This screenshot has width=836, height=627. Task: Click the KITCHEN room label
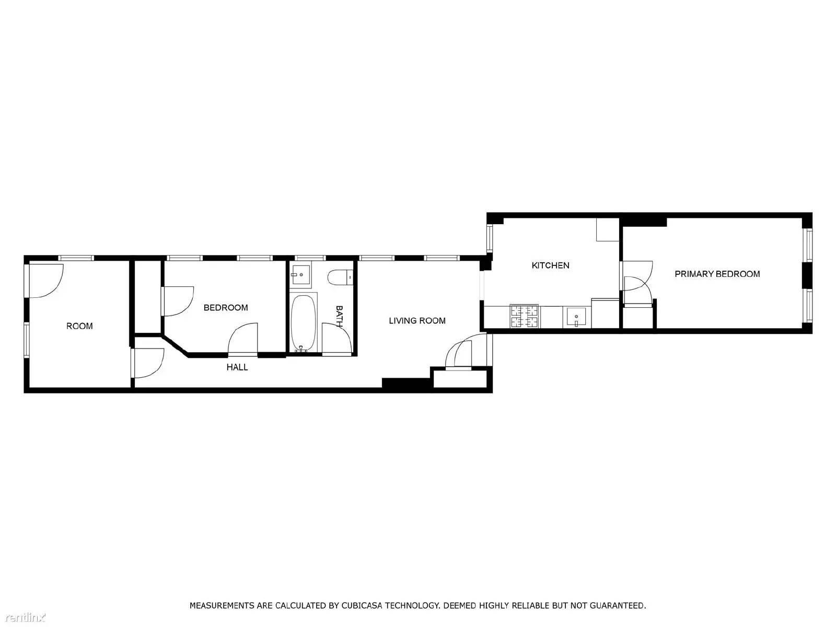[550, 265]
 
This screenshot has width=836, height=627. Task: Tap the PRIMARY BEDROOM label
[717, 274]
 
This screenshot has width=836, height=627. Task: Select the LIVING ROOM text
[417, 321]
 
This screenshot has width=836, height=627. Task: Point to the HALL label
[237, 367]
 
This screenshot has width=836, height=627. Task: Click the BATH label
[339, 316]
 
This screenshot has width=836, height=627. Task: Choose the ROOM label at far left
[79, 326]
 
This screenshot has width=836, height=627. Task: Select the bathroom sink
[301, 275]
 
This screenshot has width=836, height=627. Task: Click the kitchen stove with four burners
[525, 316]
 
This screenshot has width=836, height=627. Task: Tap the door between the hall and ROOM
[148, 363]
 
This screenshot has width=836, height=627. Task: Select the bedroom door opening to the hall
[243, 340]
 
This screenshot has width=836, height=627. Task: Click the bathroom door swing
[336, 340]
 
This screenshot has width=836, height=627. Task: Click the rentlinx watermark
[23, 618]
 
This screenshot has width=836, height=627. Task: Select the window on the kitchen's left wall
[490, 238]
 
